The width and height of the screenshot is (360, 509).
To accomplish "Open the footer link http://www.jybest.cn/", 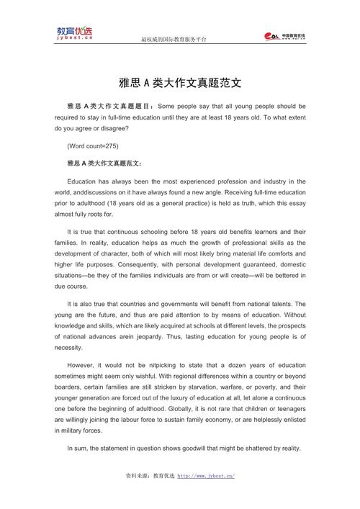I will pyautogui.click(x=206, y=476).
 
